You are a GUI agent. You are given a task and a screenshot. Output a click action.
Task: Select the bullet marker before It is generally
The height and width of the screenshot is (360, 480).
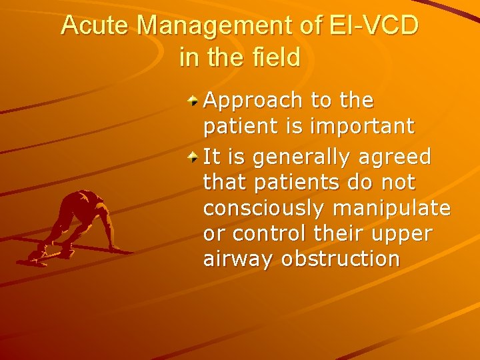(193, 159)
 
